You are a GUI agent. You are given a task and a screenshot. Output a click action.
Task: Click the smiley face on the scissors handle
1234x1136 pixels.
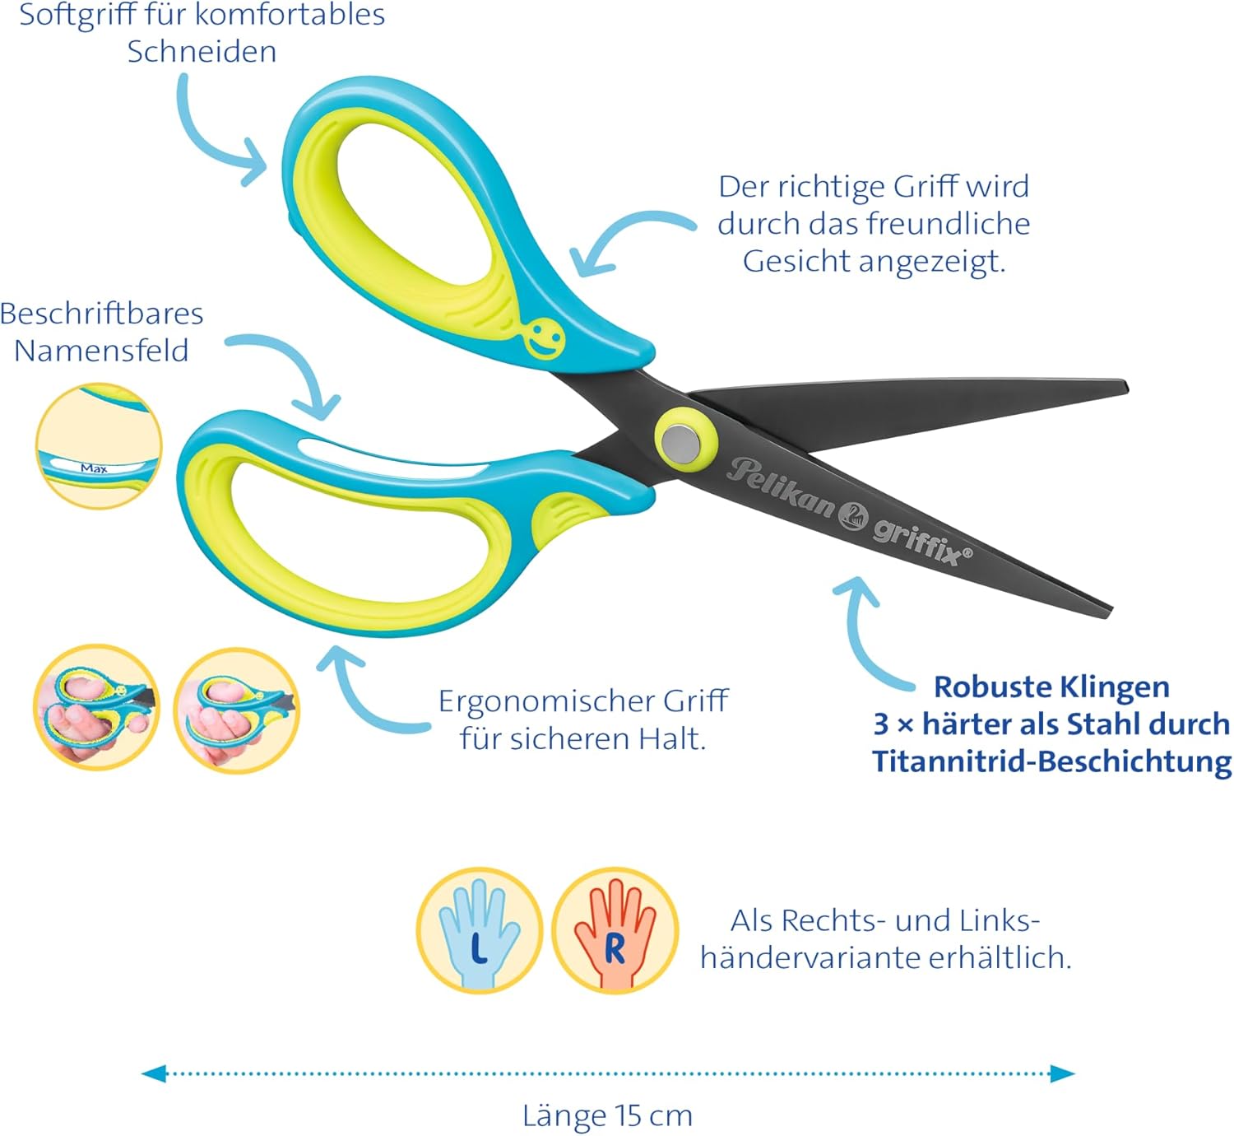[x=544, y=338]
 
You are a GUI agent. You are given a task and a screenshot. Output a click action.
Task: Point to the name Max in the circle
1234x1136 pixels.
[x=94, y=468]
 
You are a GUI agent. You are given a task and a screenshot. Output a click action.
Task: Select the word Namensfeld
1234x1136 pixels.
[x=101, y=351]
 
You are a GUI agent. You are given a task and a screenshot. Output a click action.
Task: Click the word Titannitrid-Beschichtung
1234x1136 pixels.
[x=1051, y=761]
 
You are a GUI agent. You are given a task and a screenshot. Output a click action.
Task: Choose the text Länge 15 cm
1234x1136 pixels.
[x=607, y=1115]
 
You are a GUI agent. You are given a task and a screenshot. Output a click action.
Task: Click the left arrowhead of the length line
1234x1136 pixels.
[x=154, y=1073]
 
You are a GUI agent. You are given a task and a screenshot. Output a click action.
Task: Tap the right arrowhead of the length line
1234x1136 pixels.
[x=1062, y=1073]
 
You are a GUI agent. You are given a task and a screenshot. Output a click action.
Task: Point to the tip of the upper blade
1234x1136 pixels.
[x=1127, y=387]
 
